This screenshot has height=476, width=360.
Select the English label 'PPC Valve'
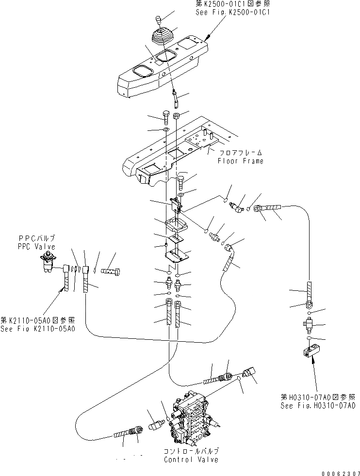click(37, 246)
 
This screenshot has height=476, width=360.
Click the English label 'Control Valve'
click(191, 460)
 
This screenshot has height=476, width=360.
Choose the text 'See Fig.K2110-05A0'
click(37, 328)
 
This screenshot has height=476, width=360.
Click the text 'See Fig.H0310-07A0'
click(317, 405)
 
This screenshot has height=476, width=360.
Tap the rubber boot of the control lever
click(161, 39)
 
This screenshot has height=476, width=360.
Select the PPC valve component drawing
click(49, 262)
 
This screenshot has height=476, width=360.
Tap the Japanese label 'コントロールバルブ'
click(191, 451)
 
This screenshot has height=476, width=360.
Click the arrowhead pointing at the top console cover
click(208, 37)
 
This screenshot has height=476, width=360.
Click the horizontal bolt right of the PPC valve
click(112, 270)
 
